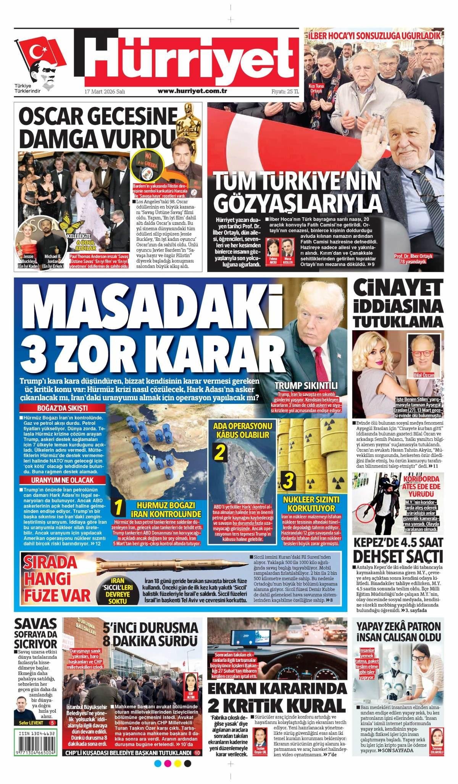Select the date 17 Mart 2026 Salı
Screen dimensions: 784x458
tap(105, 92)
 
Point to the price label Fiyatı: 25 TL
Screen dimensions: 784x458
tap(285, 92)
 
